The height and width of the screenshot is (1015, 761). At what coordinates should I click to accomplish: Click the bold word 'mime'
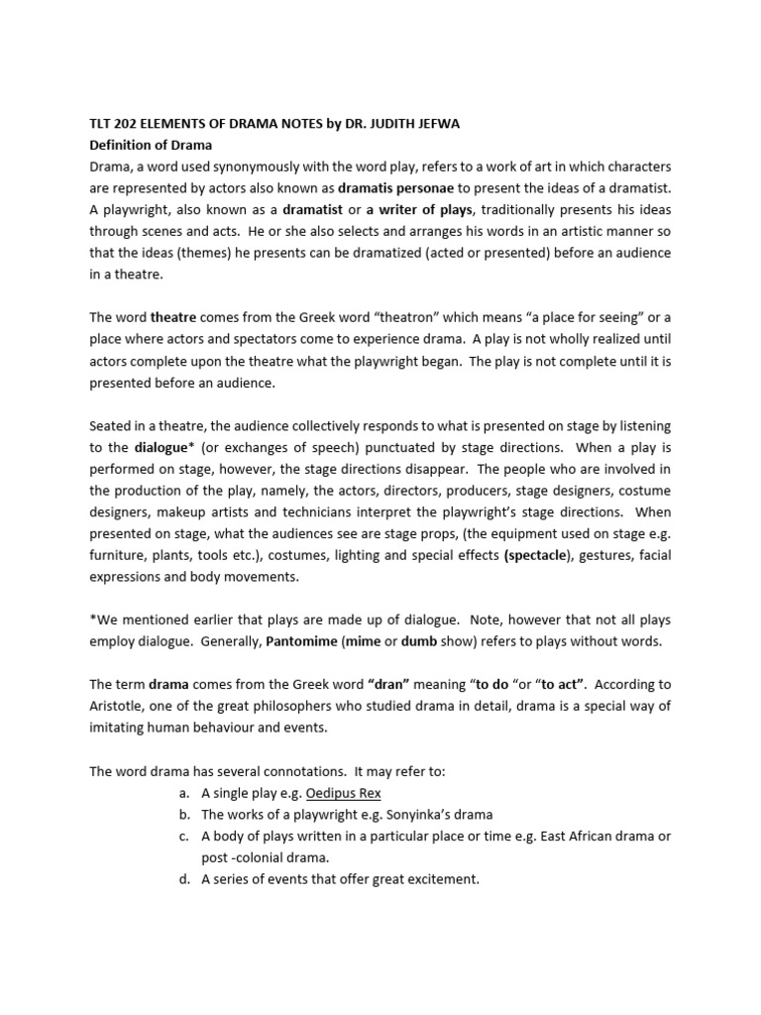tap(363, 641)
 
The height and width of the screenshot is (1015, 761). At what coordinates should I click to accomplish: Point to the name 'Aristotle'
tap(121, 706)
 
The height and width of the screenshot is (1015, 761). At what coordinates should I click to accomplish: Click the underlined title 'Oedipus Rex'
tap(343, 793)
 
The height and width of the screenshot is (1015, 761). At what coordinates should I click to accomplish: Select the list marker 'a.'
tap(184, 793)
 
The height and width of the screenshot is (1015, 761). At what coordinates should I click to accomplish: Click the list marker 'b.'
tap(184, 815)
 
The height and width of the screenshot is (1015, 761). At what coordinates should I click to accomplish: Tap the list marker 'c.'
tap(184, 837)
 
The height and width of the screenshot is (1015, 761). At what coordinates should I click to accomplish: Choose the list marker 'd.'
tap(184, 879)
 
